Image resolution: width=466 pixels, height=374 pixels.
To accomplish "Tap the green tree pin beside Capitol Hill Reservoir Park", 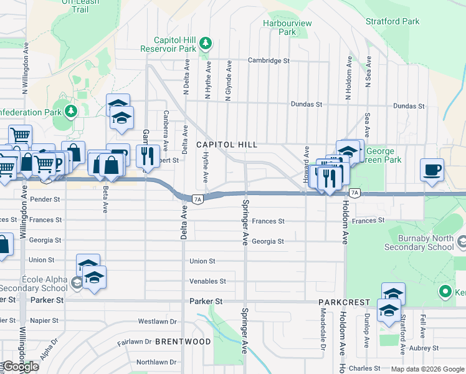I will point(206,43).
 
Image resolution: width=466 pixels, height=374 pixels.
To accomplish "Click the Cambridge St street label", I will point(269,60).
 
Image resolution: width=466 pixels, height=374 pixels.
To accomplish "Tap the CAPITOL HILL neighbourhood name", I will point(227,145).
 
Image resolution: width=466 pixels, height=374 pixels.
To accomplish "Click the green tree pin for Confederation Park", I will point(71,112).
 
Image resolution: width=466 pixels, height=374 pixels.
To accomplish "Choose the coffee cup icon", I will point(432,170).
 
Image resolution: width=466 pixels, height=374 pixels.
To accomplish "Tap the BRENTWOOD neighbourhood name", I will point(183,342).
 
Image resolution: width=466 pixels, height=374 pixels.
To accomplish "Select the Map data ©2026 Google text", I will point(427,369).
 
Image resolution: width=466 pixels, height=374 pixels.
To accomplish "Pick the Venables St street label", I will point(207,281).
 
